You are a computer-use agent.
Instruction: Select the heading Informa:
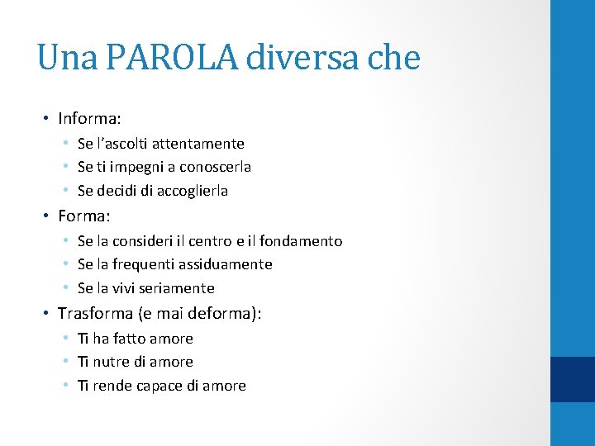point(92,119)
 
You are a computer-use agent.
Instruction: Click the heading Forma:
point(84,216)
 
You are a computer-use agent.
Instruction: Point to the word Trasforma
point(97,314)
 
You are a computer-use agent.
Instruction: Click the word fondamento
point(300,241)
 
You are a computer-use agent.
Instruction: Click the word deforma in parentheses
point(223,314)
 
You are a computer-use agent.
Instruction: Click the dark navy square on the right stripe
point(573,379)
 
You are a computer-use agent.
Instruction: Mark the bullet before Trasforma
point(47,314)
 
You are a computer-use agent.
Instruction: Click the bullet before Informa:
point(47,119)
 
